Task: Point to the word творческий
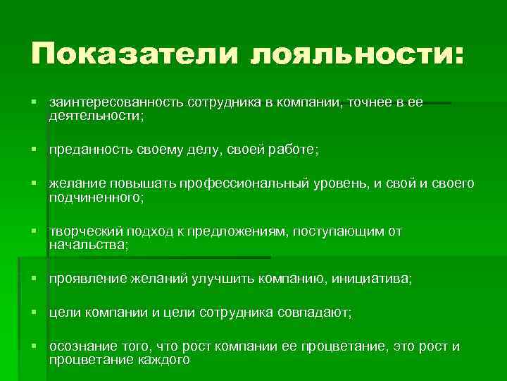click(82, 232)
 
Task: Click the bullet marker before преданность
click(35, 150)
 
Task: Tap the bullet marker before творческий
click(35, 232)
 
